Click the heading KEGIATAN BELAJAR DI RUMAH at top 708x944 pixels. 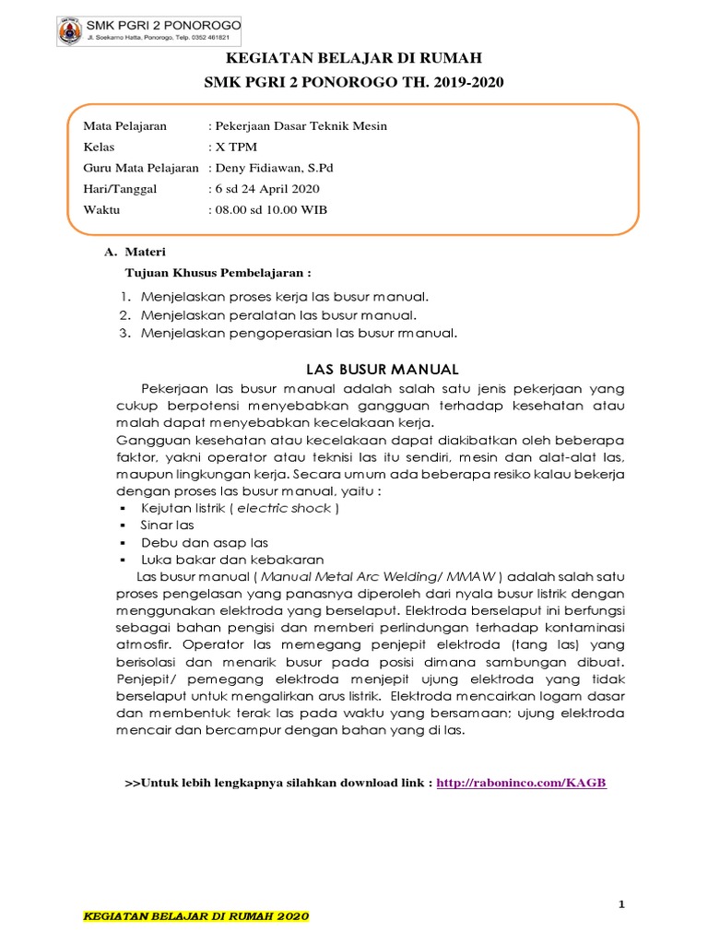click(353, 58)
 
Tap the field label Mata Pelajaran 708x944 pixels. click(124, 126)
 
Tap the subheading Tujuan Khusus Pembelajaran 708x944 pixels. click(218, 273)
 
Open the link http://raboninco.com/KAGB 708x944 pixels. click(522, 783)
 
